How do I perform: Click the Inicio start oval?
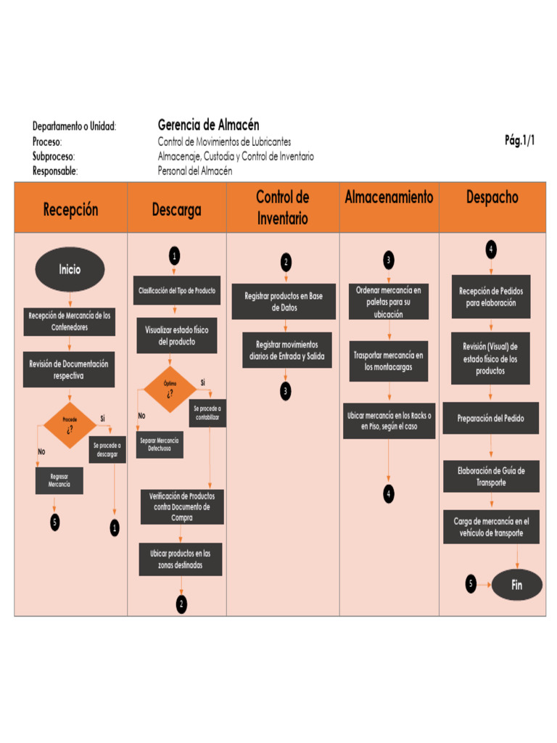pos(70,269)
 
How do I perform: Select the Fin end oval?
pos(516,584)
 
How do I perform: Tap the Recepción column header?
pos(70,209)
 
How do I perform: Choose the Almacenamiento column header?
pos(389,197)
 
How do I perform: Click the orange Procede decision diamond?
pos(70,424)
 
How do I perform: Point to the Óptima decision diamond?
pos(170,389)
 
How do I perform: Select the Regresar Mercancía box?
pos(59,480)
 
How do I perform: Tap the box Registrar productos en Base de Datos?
pos(284,301)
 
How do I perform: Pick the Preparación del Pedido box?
pos(490,418)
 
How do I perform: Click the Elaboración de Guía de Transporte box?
pos(491,476)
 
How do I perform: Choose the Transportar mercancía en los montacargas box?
pos(388,361)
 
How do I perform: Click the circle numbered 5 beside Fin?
pos(471,583)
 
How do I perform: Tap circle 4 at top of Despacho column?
pos(491,249)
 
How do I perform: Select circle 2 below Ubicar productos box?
pos(181,603)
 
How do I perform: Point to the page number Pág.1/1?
pos(519,141)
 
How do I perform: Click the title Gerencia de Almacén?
pos(208,125)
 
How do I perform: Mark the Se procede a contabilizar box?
pos(207,413)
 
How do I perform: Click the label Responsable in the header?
pos(55,171)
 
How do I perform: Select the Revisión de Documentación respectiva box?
pos(69,369)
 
